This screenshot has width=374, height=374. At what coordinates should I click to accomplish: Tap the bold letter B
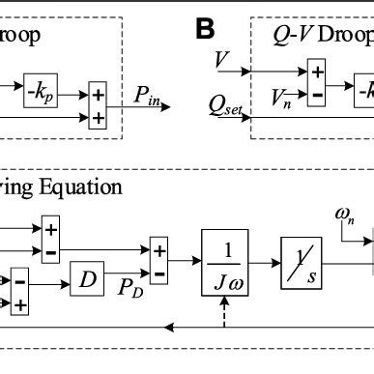click(x=205, y=29)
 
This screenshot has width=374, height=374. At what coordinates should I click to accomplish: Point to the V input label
click(x=223, y=62)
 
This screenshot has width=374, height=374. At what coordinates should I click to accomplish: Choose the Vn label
click(x=279, y=96)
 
